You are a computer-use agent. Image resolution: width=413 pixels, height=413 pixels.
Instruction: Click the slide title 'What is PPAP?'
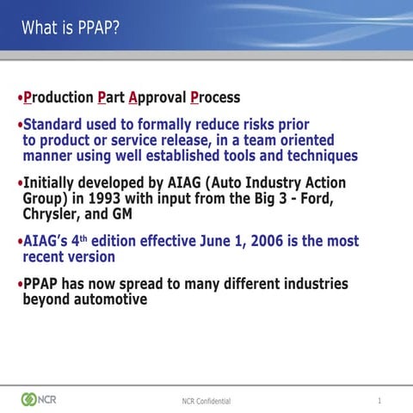(71, 28)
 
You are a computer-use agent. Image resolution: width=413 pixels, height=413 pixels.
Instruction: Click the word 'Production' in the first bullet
(59, 97)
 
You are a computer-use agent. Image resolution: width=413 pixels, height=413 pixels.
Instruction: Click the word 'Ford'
(316, 199)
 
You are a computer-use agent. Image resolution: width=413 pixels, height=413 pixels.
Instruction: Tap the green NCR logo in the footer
(40, 399)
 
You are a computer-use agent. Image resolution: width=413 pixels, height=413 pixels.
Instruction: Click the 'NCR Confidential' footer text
(206, 401)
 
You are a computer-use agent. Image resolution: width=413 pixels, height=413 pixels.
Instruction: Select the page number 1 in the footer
(379, 400)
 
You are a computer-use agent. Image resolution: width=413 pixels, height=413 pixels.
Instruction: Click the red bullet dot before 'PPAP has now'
(19, 285)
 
